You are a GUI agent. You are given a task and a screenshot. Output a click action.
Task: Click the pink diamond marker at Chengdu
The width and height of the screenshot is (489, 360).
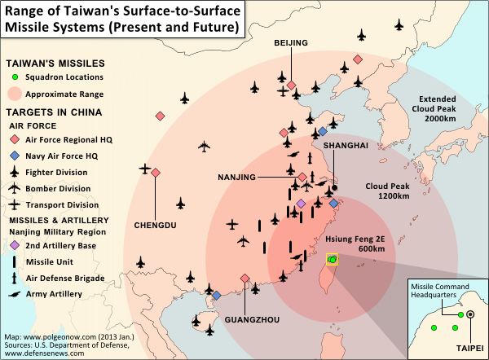pos(155,172)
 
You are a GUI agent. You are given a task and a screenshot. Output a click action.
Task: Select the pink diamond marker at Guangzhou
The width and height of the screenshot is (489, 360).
pos(244,279)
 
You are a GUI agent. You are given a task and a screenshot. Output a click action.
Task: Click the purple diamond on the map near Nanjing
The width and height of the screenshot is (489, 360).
pos(301,203)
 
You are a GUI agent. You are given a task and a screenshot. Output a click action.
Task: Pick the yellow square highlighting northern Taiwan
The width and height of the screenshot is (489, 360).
pos(332,260)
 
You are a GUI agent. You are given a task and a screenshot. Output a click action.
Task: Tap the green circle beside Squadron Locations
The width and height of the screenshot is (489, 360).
pos(15,77)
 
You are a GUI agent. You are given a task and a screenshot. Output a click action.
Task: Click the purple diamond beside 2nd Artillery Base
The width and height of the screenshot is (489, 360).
pos(15,245)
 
